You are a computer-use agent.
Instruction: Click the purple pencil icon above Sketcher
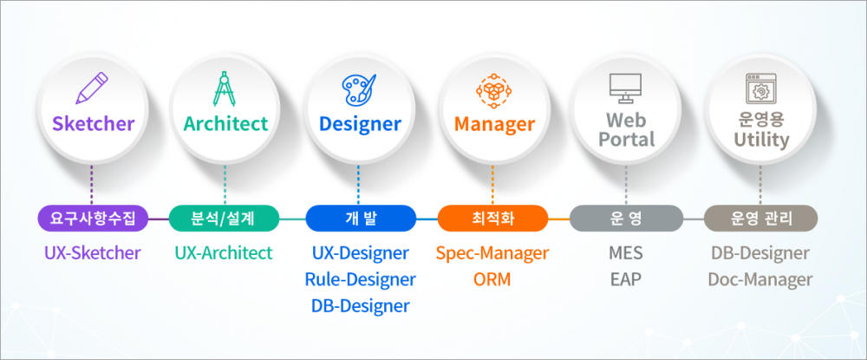[x=92, y=88]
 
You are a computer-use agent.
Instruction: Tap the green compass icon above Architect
[x=225, y=88]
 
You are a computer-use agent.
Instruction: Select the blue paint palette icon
[x=359, y=88]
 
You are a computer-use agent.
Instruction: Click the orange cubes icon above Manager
[x=493, y=89]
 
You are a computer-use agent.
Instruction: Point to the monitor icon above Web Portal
[x=625, y=88]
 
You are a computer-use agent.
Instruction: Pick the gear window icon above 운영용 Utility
[x=761, y=88]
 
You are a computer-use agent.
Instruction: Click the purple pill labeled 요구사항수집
[x=93, y=219]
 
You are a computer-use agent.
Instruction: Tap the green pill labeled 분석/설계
[x=224, y=219]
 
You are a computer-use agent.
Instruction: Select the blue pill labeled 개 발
[x=360, y=219]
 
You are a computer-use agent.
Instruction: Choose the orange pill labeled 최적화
[x=492, y=219]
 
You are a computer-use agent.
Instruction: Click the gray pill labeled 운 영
[x=626, y=219]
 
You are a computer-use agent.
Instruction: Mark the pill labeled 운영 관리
[x=760, y=219]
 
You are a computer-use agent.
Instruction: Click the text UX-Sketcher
[x=93, y=253]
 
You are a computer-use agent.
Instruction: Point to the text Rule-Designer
[x=360, y=280]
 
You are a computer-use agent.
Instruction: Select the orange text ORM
[x=492, y=280]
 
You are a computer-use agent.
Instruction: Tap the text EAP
[x=626, y=280]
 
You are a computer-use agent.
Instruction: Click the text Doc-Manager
[x=760, y=280]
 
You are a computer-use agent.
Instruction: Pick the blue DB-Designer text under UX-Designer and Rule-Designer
[x=360, y=306]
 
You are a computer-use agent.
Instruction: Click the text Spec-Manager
[x=492, y=253]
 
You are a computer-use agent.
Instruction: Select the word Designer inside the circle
[x=360, y=124]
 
